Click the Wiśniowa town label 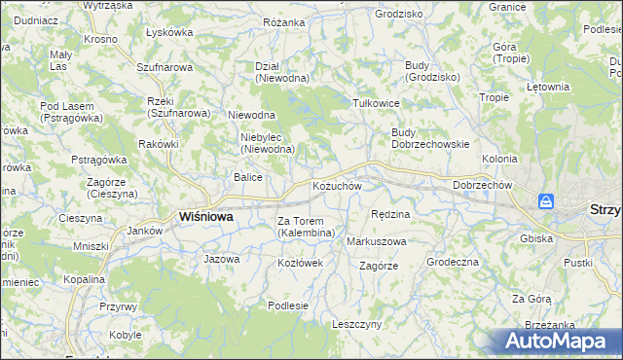pos(205,217)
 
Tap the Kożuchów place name pos(337,186)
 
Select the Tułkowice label pos(377,102)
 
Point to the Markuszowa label pos(377,240)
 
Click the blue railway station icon pos(547,201)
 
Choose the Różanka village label pos(283,20)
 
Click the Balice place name pos(247,177)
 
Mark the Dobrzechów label pos(483,185)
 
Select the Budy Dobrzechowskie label pos(430,138)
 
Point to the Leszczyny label pos(356,324)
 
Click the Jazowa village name pos(221,259)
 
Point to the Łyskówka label pos(168,32)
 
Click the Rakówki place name pos(159,144)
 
